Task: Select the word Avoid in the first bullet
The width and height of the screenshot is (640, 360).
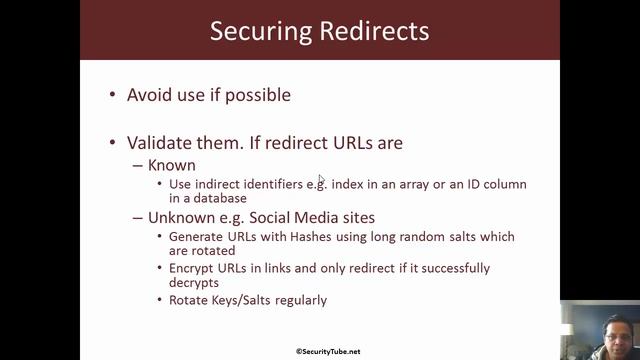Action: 149,95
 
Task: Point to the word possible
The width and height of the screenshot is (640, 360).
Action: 256,95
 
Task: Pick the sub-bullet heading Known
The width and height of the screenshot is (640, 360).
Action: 171,165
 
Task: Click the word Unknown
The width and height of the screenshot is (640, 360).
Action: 180,217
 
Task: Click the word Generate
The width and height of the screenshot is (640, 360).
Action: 196,236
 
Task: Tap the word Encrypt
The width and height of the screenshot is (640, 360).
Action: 192,268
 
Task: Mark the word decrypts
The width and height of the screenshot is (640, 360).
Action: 196,282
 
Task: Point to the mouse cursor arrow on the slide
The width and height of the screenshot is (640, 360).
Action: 321,179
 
